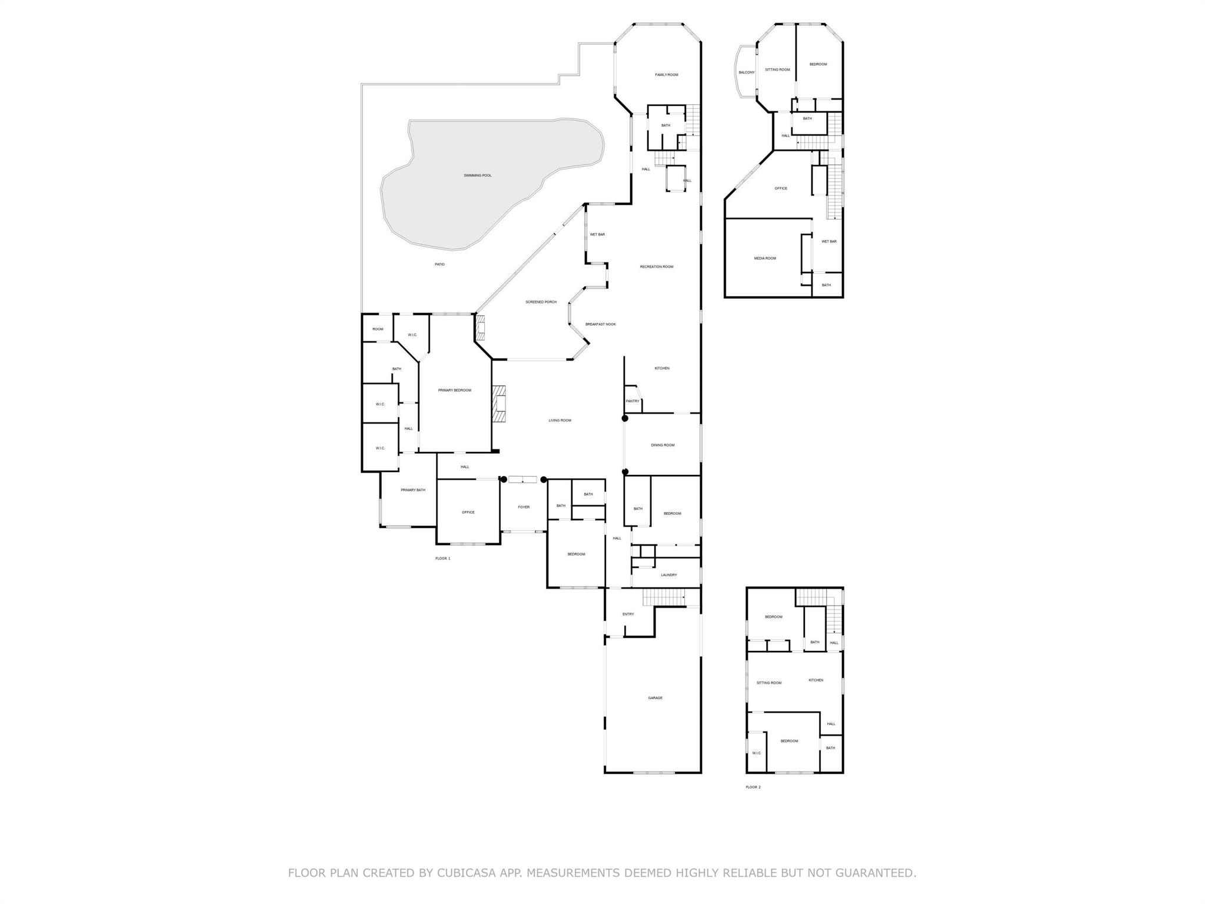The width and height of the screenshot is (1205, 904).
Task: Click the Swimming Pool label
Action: [477, 175]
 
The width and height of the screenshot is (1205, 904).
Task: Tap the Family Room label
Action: [667, 75]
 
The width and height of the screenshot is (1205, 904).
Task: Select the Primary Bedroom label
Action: [454, 390]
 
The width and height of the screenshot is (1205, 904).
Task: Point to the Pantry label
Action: [633, 401]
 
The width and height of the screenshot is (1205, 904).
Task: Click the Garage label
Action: [655, 698]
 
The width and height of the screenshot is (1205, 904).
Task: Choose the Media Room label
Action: [765, 258]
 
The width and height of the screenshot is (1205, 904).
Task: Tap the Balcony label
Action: [746, 72]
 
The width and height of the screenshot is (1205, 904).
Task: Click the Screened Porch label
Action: [541, 302]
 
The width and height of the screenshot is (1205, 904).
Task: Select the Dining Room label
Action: [663, 445]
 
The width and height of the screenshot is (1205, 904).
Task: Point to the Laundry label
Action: [668, 575]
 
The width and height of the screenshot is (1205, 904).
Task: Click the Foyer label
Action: [523, 507]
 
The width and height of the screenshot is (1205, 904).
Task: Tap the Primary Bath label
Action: [412, 490]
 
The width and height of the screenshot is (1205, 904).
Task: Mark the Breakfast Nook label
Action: [600, 324]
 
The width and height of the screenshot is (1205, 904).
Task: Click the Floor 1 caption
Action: [442, 559]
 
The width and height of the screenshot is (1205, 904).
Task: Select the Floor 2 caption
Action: [753, 787]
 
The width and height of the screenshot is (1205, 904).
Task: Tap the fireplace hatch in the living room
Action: [500, 404]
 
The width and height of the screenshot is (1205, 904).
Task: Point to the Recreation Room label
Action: [657, 267]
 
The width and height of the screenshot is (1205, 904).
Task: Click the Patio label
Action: [440, 264]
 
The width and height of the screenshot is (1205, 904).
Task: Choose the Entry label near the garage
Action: [628, 614]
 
